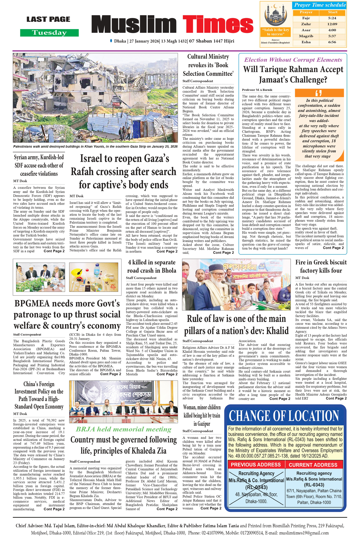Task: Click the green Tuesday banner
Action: click(x=49, y=33)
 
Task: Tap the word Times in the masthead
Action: click(x=218, y=24)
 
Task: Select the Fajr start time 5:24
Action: click(x=332, y=18)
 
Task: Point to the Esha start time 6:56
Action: click(x=332, y=42)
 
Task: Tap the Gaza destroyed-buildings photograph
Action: click(x=95, y=98)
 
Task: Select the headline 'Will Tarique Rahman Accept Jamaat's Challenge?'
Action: click(x=293, y=74)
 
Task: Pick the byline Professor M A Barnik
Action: click(x=257, y=90)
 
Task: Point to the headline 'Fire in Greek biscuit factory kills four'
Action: click(x=321, y=266)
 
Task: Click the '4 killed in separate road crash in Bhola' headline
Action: click(x=152, y=266)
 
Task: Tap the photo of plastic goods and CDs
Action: click(x=94, y=277)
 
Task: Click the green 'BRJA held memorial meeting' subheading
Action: click(x=123, y=429)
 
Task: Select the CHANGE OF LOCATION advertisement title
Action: click(x=284, y=416)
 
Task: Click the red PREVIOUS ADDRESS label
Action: click(x=256, y=465)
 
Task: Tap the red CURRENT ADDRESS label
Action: click(x=313, y=465)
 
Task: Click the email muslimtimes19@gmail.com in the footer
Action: click(x=304, y=533)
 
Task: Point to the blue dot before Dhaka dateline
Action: click(x=111, y=41)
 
